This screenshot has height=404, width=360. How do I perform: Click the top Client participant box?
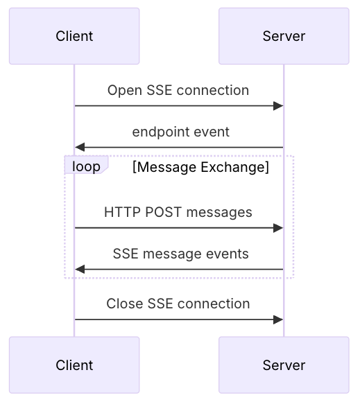[74, 36]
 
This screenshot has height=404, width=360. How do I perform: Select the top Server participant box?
[284, 36]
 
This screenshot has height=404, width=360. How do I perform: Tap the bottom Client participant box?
[74, 365]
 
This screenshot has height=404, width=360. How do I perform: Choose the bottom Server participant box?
[284, 365]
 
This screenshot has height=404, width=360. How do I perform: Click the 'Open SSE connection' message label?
[178, 91]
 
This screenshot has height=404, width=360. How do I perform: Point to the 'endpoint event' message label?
[181, 132]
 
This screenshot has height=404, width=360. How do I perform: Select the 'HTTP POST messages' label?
[178, 212]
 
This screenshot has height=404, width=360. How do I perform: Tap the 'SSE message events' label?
[181, 254]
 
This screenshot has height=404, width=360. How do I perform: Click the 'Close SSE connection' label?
[178, 304]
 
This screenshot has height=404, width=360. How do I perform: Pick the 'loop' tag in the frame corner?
[86, 166]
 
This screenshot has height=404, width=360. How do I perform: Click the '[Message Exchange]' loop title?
[200, 167]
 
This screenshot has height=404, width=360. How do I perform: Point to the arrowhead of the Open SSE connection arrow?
[278, 106]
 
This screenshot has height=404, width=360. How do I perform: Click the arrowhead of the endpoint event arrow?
[80, 148]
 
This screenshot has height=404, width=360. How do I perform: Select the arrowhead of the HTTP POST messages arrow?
[278, 228]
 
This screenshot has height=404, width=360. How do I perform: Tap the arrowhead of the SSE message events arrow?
[80, 270]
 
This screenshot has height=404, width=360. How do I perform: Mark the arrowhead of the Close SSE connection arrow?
[278, 319]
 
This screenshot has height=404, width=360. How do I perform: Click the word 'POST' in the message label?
[163, 212]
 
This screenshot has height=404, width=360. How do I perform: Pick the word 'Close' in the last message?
[125, 304]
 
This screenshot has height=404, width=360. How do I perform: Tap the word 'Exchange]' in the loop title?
[235, 167]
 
